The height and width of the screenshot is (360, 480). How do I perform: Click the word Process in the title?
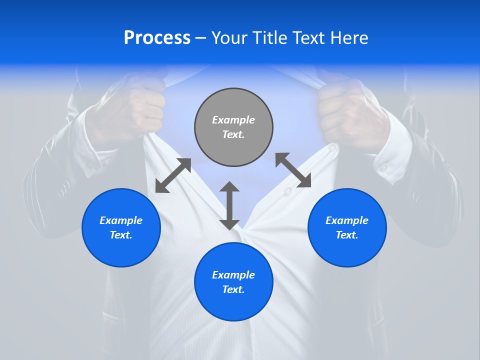pos(157,38)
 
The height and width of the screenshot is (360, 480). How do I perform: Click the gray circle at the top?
pos(233,127)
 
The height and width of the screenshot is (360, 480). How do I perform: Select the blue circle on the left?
pos(121,227)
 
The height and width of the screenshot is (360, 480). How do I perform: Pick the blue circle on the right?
pos(347,227)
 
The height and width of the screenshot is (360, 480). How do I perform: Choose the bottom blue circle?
pos(233,281)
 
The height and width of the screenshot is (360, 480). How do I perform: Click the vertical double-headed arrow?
pos(229,205)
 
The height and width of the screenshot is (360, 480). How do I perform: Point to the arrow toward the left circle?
pos(173,175)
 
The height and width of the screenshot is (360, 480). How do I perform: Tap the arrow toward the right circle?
pos(293,170)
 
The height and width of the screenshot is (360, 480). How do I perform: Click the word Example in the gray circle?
pos(233,120)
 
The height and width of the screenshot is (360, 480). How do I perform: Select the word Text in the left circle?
pos(120,235)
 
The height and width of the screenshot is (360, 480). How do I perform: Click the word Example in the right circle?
pos(347,220)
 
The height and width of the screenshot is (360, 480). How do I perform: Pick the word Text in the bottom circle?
pos(233,289)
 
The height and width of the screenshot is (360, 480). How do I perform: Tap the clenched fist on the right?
pos(345,112)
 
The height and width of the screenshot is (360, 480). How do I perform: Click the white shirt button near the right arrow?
pos(287,191)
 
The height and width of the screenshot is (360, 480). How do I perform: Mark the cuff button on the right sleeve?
pos(383,168)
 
